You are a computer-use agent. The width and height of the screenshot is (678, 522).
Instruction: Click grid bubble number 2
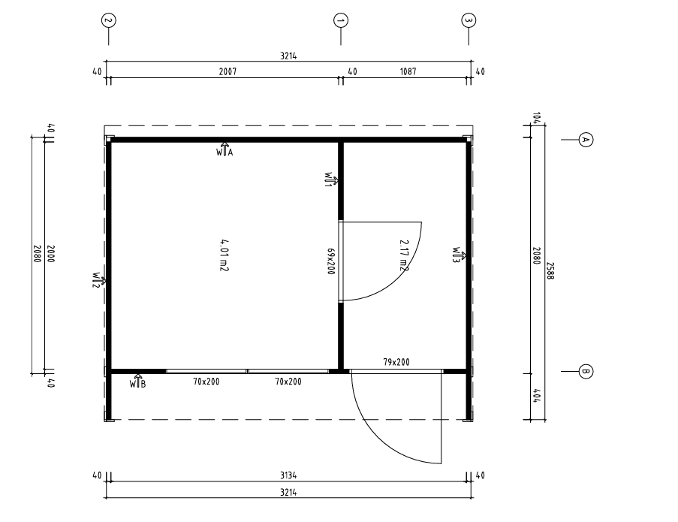pyautogui.click(x=109, y=20)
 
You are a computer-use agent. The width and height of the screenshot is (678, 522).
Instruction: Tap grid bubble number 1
pyautogui.click(x=341, y=20)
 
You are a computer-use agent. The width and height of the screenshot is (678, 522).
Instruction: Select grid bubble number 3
pyautogui.click(x=469, y=20)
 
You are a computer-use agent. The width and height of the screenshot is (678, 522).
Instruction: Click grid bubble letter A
pyautogui.click(x=586, y=140)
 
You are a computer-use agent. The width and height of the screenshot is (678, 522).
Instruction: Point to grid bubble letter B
pyautogui.click(x=586, y=371)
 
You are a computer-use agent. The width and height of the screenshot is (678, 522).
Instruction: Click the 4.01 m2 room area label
pyautogui.click(x=224, y=255)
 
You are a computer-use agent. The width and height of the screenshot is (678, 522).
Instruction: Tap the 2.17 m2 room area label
pyautogui.click(x=404, y=255)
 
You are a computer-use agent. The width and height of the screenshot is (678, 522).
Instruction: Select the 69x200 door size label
pyautogui.click(x=331, y=261)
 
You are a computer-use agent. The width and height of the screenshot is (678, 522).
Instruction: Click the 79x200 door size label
pyautogui.click(x=396, y=362)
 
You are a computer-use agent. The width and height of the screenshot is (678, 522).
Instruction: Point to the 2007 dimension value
pyautogui.click(x=228, y=71)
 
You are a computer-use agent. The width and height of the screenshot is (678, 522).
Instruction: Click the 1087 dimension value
pyautogui.click(x=408, y=71)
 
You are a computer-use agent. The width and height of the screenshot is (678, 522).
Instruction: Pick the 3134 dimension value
pyautogui.click(x=288, y=475)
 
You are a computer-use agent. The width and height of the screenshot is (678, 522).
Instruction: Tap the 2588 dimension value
pyautogui.click(x=550, y=270)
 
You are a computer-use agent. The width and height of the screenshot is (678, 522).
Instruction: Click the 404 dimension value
pyautogui.click(x=536, y=396)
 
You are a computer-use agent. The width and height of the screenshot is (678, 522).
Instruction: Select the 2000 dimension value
pyautogui.click(x=50, y=254)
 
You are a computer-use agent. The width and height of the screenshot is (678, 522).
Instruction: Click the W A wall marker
pyautogui.click(x=224, y=149)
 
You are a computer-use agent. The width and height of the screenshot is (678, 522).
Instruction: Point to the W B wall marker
pyautogui.click(x=138, y=381)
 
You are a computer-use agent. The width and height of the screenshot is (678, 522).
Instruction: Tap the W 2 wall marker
pyautogui.click(x=99, y=280)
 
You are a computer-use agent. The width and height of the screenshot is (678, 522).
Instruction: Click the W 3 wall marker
pyautogui.click(x=460, y=255)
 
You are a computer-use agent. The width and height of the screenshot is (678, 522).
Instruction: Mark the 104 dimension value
pyautogui.click(x=536, y=118)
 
